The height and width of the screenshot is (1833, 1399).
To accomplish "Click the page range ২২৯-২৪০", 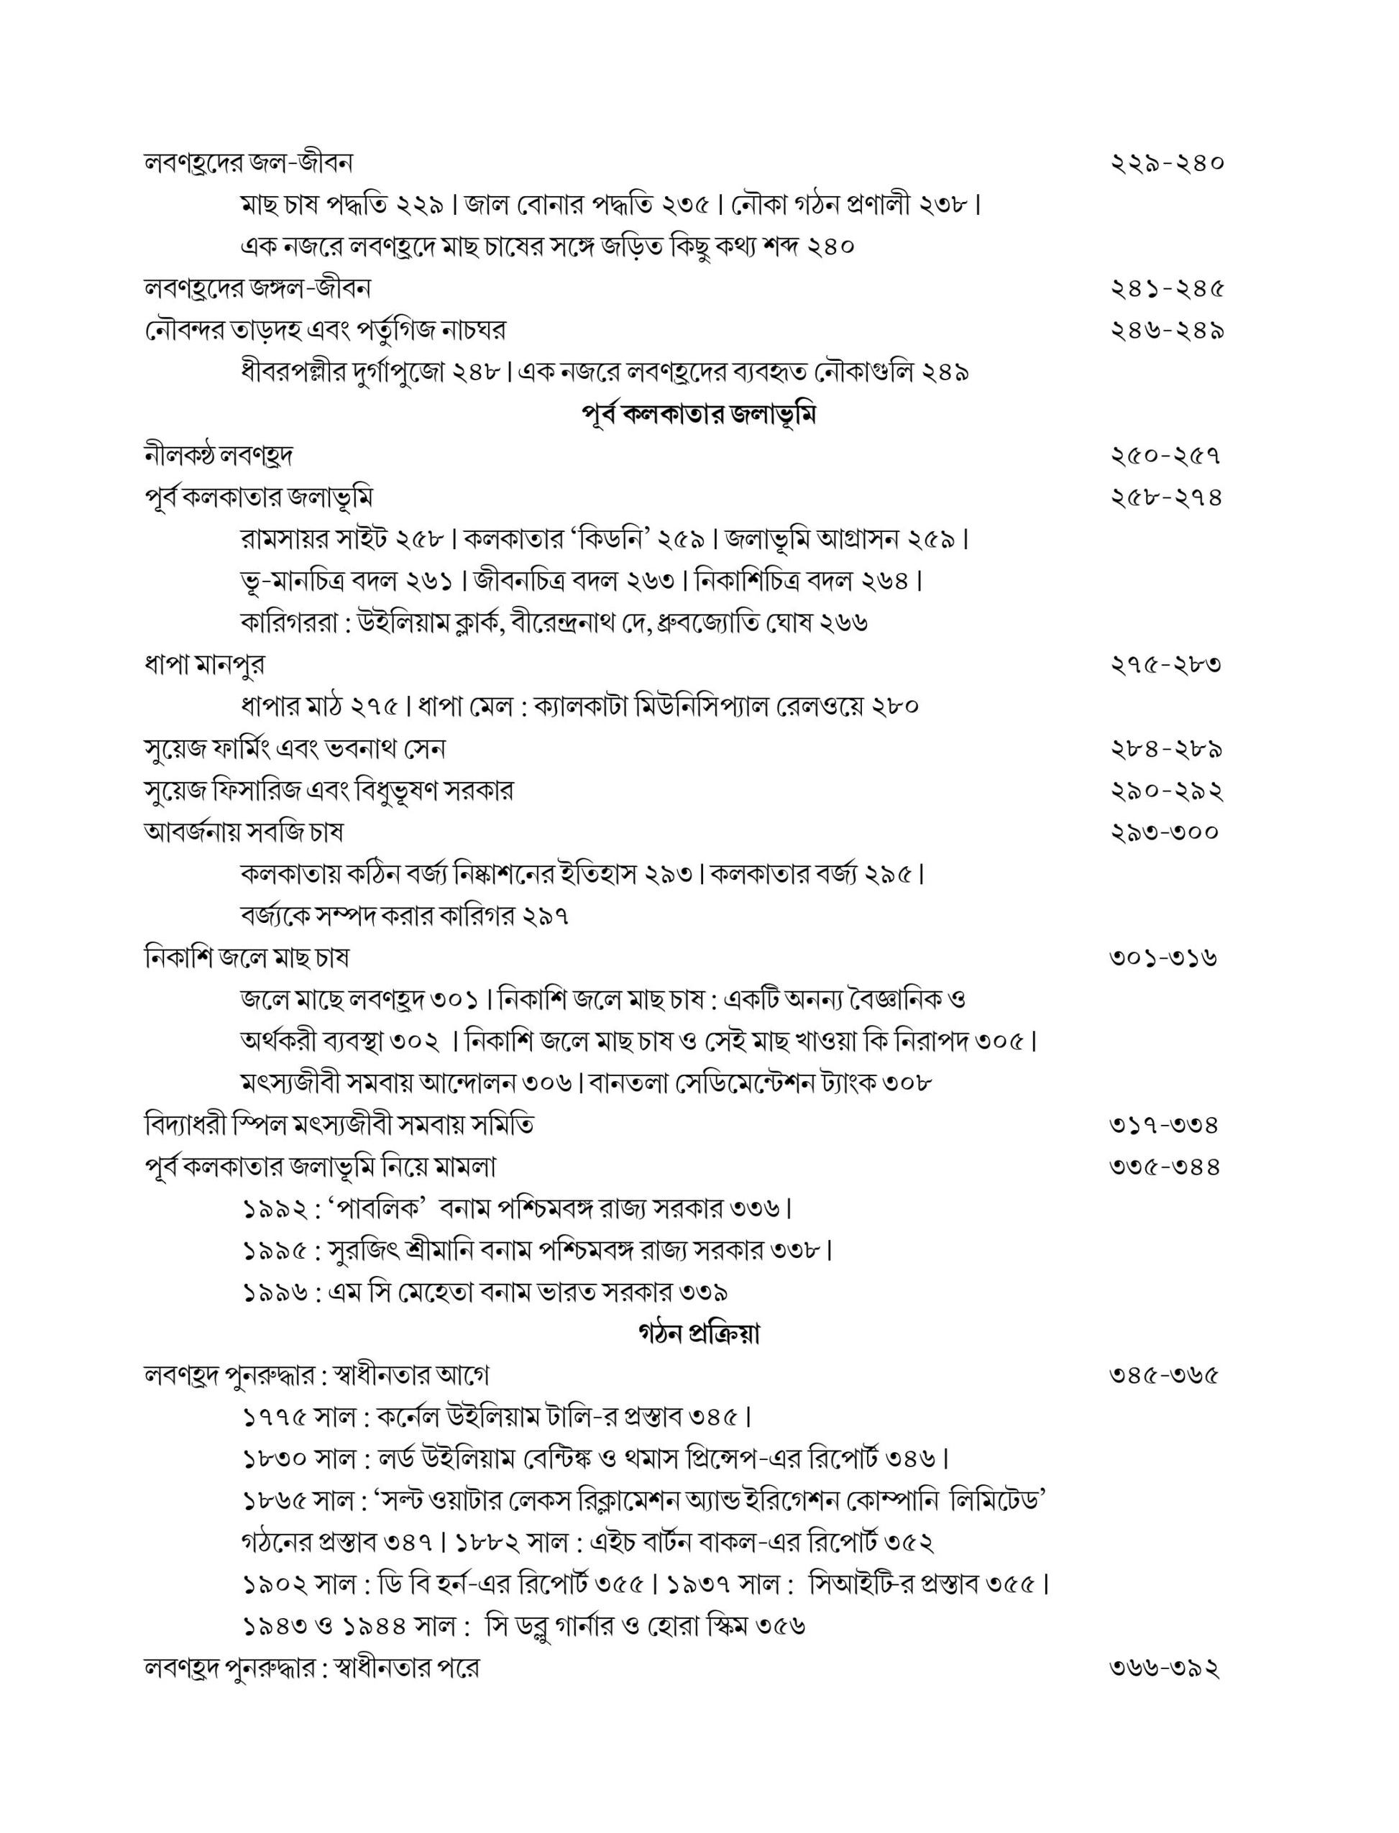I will pyautogui.click(x=1167, y=163).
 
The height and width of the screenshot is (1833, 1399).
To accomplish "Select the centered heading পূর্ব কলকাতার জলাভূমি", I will pyautogui.click(x=698, y=414).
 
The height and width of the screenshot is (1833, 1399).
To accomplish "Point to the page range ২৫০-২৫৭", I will pyautogui.click(x=1166, y=456).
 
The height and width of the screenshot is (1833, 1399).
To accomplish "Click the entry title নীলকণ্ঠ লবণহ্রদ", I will pyautogui.click(x=218, y=456).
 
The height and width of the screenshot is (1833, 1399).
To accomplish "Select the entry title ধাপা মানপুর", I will pyautogui.click(x=205, y=665).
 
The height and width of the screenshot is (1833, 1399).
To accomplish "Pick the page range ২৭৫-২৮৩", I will pyautogui.click(x=1166, y=665).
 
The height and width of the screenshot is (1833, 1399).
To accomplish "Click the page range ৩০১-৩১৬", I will pyautogui.click(x=1163, y=958).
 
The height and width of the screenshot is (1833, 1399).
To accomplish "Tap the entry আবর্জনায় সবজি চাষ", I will pyautogui.click(x=243, y=832).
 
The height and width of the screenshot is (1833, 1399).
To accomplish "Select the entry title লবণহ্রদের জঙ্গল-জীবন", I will pyautogui.click(x=257, y=289).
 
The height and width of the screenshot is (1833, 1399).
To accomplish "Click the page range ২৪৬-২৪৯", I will pyautogui.click(x=1167, y=331).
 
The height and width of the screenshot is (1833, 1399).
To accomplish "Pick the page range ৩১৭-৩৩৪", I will pyautogui.click(x=1164, y=1126).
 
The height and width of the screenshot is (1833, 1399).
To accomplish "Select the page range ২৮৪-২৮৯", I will pyautogui.click(x=1166, y=749).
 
